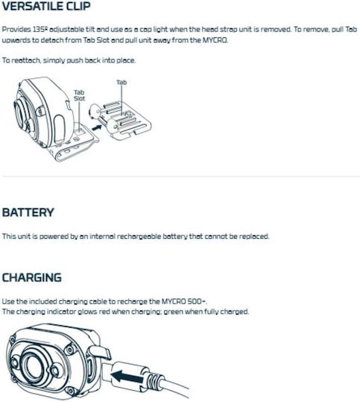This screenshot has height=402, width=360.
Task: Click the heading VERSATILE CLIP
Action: [x=46, y=6]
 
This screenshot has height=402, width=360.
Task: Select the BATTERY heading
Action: [x=28, y=212]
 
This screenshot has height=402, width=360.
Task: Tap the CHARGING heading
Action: [x=32, y=278]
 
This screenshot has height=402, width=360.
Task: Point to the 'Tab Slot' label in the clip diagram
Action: [x=79, y=95]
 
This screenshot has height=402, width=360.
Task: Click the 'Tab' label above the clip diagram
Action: [x=121, y=83]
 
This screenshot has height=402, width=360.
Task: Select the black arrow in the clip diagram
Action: [x=97, y=127]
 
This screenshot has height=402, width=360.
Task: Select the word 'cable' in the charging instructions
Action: [x=98, y=301]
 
